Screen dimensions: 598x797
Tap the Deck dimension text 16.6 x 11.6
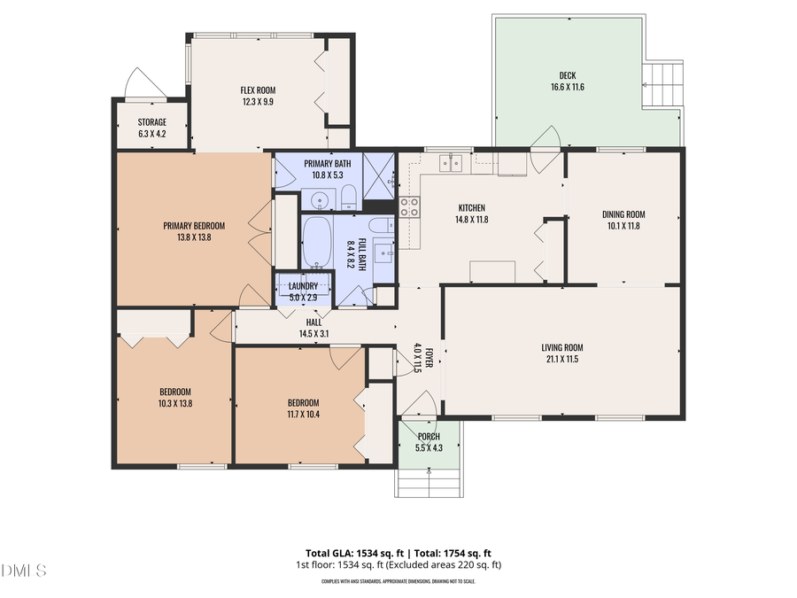coord(567,87)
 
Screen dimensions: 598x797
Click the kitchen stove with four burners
coord(410,206)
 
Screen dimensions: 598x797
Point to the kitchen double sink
coord(453,162)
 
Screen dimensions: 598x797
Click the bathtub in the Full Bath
coord(318,242)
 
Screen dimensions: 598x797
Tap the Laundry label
coord(304,286)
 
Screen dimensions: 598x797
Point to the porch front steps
coord(428,484)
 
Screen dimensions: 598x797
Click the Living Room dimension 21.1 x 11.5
coord(562,360)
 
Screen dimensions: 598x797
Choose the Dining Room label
coord(623,214)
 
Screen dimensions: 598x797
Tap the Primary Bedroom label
coord(194,225)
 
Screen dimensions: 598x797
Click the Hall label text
coord(313,322)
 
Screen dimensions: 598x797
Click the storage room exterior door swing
coord(142,85)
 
